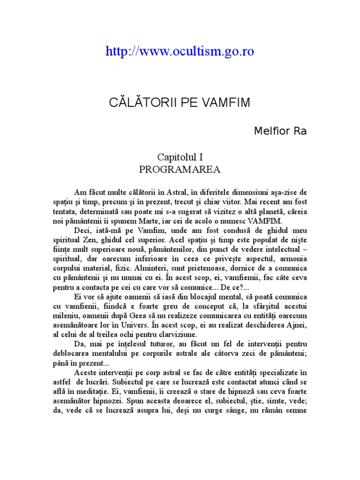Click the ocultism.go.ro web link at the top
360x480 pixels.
click(180, 52)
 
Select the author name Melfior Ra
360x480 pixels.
click(280, 131)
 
